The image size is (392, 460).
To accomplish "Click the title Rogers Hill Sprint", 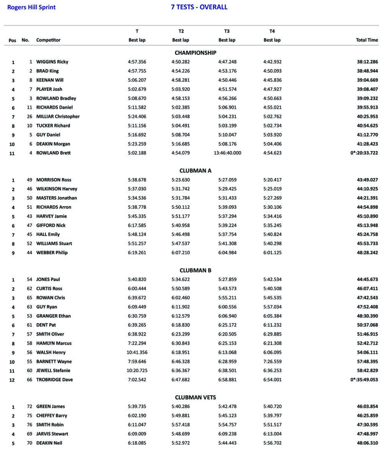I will pos(31,7).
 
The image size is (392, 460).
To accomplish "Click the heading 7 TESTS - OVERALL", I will pos(199,7).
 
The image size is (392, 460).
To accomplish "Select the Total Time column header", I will pos(367,40).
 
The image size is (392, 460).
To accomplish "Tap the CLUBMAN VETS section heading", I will pos(195,398).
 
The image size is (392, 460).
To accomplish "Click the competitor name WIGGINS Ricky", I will pos(52,62).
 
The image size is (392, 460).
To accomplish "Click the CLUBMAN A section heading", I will pos(195,171).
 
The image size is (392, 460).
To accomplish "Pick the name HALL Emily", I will pos(48,234).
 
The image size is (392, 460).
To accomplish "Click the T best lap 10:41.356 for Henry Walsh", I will pos(137,352).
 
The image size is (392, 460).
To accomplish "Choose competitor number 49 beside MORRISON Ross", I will pos(30,180).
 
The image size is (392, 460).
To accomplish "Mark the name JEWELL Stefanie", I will pos(53,370).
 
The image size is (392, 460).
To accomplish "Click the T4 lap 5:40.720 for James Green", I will pos(272,406).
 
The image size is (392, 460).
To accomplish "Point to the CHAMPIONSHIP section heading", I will pos(195,53).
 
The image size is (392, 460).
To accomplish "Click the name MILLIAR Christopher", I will pos(58,117).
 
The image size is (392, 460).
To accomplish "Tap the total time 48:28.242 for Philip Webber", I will pos(367,253).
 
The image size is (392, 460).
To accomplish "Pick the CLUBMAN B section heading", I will pos(195,270).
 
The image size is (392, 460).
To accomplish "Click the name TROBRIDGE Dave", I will pos(54,379).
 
